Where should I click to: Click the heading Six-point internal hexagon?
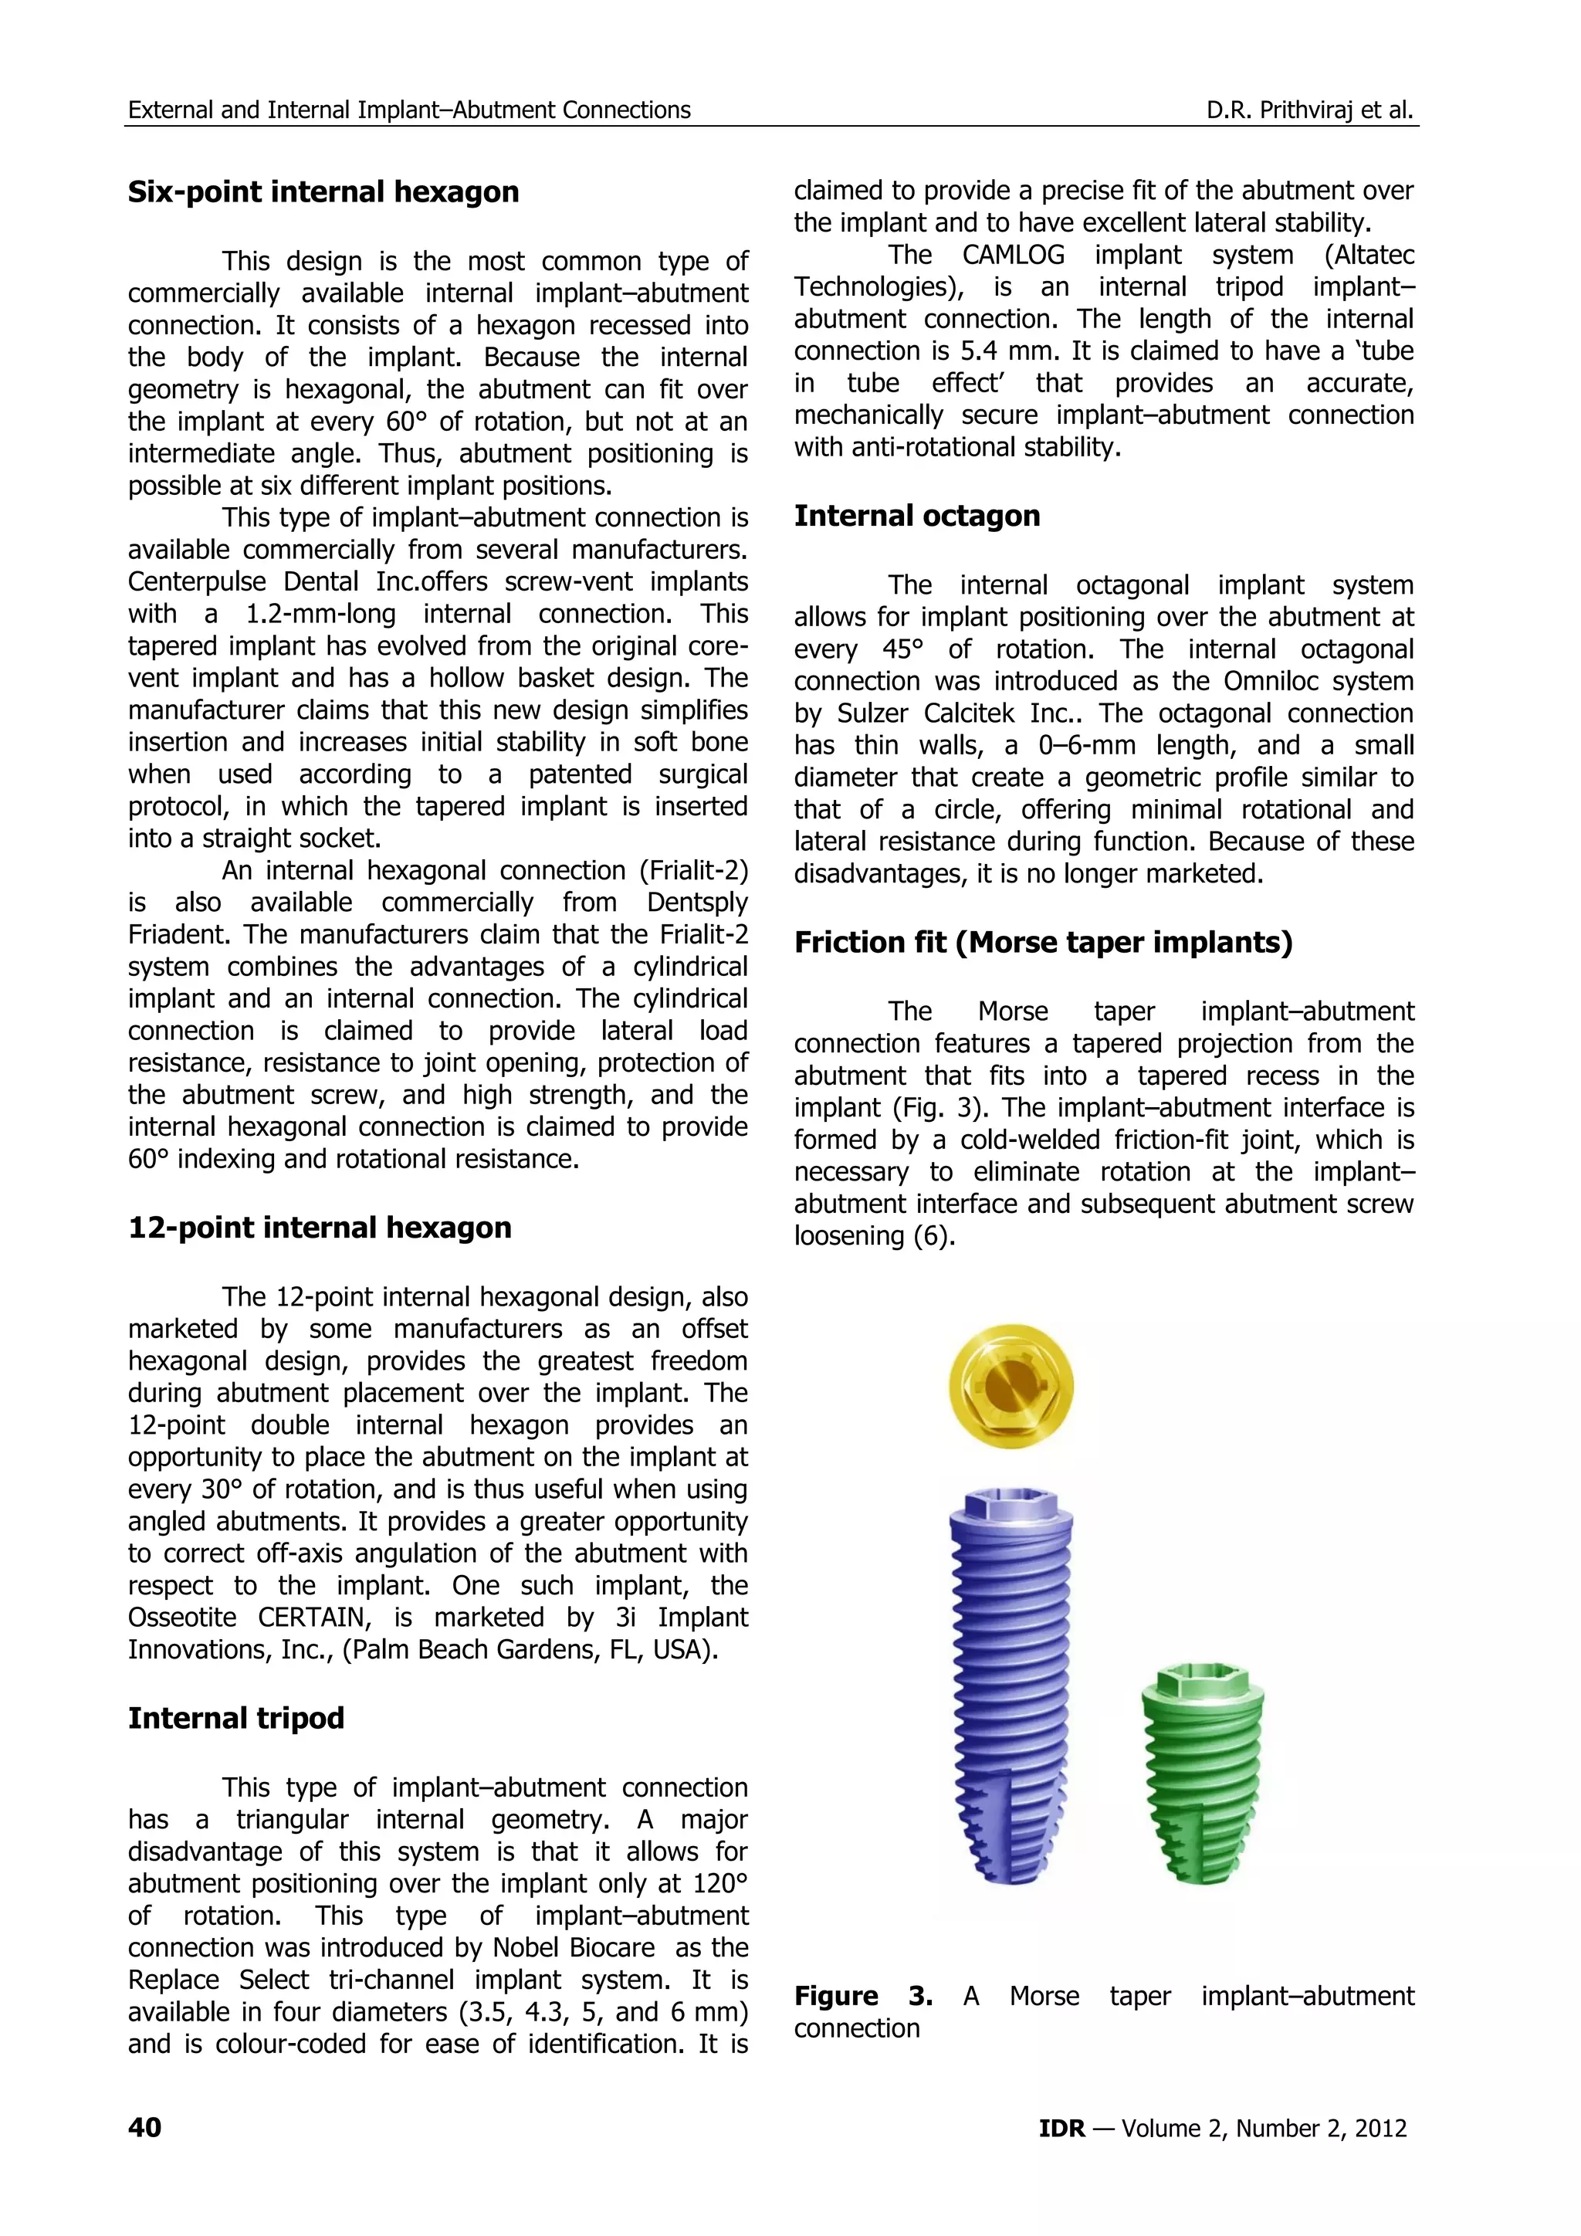[323, 191]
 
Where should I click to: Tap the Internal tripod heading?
[235, 1718]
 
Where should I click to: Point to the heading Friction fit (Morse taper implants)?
[1043, 942]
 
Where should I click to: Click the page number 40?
[145, 2128]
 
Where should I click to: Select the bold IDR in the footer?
[1061, 2129]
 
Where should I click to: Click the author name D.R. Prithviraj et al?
[1308, 110]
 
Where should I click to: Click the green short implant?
[1204, 1777]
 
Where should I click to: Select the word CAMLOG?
[1013, 255]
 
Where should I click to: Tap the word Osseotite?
[182, 1618]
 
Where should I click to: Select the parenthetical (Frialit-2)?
[693, 871]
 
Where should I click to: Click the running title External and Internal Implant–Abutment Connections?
[409, 110]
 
